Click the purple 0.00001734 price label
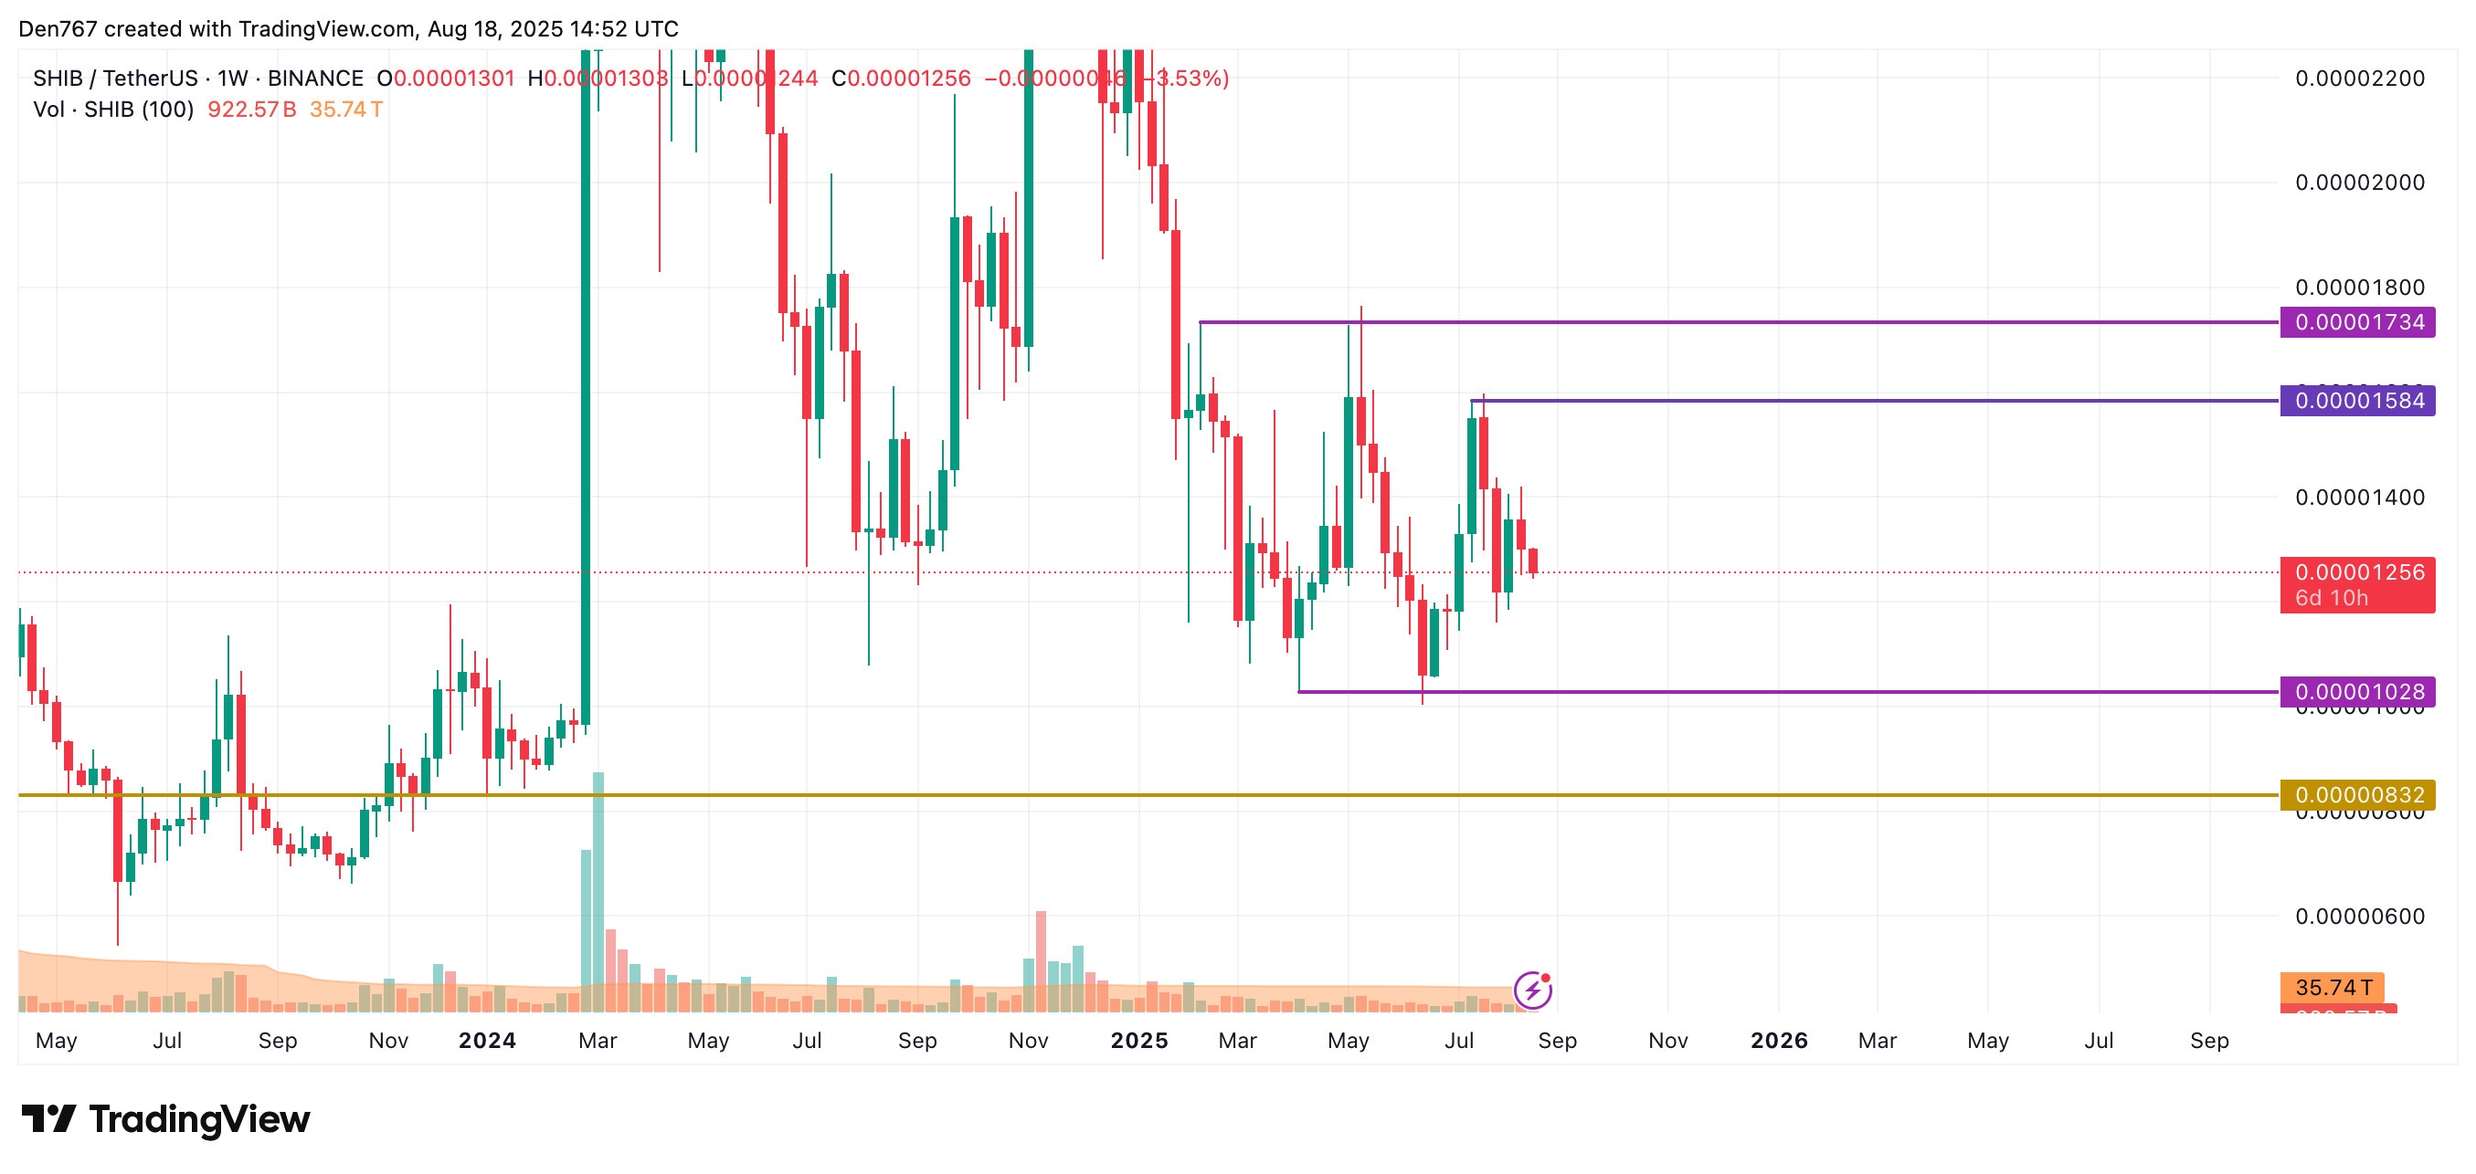click(2357, 322)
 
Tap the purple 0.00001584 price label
click(2357, 401)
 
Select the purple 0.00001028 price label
click(2357, 692)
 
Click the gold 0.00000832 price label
click(2357, 795)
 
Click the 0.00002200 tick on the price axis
click(2359, 79)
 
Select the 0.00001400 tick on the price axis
click(2359, 498)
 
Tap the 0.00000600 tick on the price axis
click(2359, 917)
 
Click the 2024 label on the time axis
click(486, 1041)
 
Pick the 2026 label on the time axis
click(1778, 1041)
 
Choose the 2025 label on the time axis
click(1139, 1041)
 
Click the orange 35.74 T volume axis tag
click(2332, 987)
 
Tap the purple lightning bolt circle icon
click(1532, 990)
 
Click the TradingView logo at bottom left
click(165, 1119)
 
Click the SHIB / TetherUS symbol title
click(115, 79)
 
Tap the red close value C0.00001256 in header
click(901, 79)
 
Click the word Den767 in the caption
click(58, 29)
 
